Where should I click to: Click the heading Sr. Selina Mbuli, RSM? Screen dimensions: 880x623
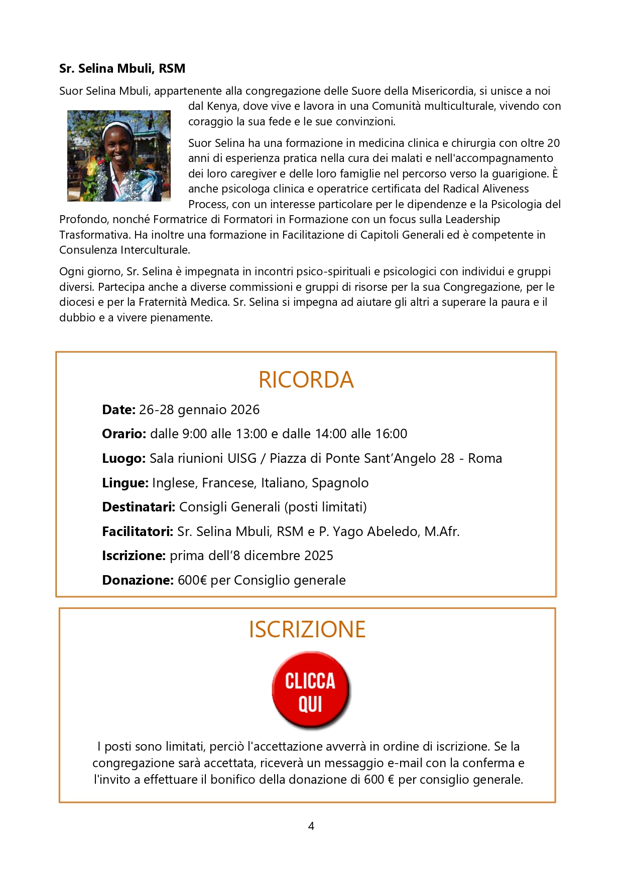tap(122, 68)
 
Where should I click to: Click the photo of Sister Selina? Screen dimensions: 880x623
tap(119, 156)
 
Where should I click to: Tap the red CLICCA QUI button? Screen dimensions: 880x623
tap(310, 690)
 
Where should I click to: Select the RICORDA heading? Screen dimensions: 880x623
tap(306, 380)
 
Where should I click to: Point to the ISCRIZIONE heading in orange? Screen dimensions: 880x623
tap(307, 629)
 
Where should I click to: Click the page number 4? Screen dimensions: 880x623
tap(311, 826)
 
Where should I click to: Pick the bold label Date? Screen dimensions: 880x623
tap(118, 410)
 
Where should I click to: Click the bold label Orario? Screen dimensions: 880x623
tap(124, 434)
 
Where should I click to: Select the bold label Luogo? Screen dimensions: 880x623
tap(123, 458)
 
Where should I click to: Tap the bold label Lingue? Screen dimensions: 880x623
tap(125, 483)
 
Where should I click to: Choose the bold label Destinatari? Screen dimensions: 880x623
tap(139, 507)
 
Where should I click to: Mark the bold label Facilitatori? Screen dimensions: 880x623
tap(138, 532)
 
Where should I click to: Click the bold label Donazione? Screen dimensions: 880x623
tap(138, 580)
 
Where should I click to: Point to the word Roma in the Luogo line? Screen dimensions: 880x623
tap(485, 458)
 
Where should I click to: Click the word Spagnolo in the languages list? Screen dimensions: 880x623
tap(340, 483)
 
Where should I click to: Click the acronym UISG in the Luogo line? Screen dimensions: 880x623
tap(242, 458)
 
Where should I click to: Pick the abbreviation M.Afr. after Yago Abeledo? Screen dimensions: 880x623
tap(442, 532)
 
